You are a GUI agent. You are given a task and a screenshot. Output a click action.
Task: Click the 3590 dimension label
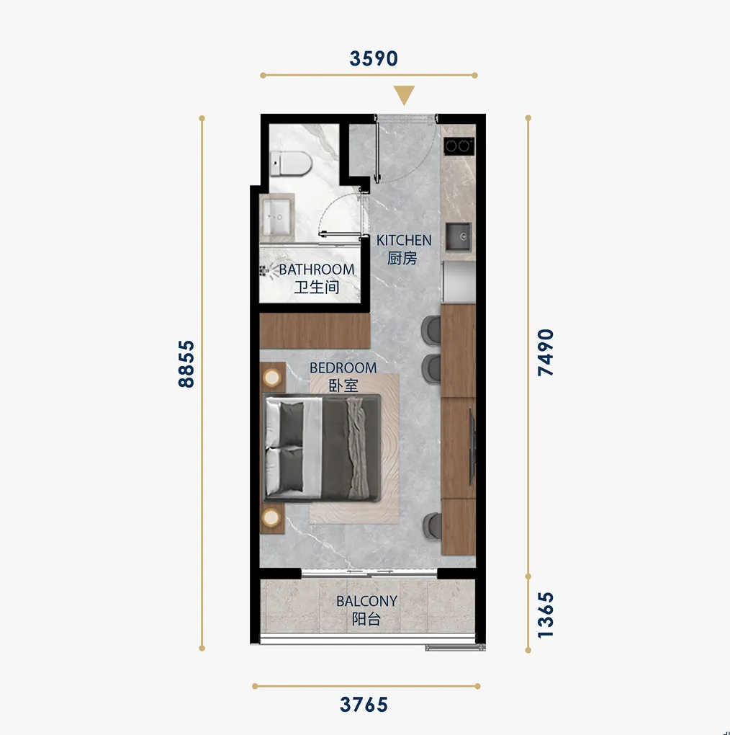pos(374,58)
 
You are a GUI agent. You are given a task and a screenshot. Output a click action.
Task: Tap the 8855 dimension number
pos(186,364)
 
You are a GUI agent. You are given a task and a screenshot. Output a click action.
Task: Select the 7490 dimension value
pos(546,352)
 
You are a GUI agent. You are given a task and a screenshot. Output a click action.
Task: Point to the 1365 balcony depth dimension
pos(546,615)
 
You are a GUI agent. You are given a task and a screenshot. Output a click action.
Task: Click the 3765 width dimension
pos(364,705)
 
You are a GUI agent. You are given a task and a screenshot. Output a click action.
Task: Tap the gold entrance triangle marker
pos(404,95)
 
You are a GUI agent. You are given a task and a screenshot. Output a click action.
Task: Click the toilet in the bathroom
pos(291,163)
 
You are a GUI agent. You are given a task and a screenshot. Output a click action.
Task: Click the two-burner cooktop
pos(459,146)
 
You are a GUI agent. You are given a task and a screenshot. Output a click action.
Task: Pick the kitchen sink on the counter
pos(458,236)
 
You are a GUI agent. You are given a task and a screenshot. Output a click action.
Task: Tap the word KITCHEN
pos(404,241)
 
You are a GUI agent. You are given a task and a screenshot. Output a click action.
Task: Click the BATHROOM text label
pos(317,269)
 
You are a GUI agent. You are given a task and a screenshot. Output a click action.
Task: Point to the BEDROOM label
pos(343,368)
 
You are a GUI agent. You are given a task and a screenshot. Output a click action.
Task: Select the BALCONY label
pos(366,601)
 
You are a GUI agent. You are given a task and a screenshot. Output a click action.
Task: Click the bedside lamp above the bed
pos(272,378)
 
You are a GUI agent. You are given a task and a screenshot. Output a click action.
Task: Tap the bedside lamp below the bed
pos(271,518)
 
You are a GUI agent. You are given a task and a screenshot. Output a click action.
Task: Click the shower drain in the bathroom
pos(263,269)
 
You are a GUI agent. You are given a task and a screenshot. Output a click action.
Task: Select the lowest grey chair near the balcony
pos(432,526)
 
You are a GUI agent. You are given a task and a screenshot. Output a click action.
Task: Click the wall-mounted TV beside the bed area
pos(472,447)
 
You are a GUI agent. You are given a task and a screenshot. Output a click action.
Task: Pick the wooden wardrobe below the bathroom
pos(315,331)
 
